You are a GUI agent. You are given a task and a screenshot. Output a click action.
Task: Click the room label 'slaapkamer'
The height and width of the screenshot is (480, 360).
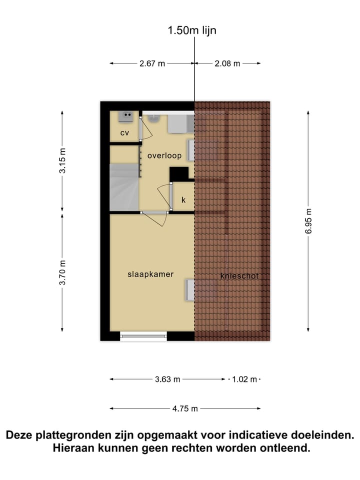click(x=150, y=274)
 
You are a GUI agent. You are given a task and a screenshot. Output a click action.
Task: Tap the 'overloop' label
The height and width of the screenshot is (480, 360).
click(x=164, y=155)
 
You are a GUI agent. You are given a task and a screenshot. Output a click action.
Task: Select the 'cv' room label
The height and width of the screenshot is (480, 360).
click(x=124, y=133)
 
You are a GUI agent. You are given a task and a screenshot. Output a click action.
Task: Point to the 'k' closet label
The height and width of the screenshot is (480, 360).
click(x=183, y=200)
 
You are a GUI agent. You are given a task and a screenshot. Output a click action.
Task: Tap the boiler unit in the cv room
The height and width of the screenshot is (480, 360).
click(x=125, y=117)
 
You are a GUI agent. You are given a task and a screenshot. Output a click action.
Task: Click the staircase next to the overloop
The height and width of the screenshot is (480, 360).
click(x=124, y=188)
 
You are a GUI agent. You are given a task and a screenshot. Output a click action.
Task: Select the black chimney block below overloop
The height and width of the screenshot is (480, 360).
click(x=178, y=174)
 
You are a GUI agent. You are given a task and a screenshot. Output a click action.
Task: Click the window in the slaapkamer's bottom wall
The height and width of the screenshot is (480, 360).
click(x=143, y=336)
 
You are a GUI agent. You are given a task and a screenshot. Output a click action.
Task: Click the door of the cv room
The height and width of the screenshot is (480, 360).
click(x=146, y=129)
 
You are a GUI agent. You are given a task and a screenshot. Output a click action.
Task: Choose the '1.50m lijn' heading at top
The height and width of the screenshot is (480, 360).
click(x=192, y=30)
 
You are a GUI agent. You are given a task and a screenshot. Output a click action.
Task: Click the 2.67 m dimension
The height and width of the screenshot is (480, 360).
click(x=152, y=63)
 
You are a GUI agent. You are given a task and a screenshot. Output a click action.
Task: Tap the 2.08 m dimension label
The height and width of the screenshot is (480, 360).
click(x=227, y=63)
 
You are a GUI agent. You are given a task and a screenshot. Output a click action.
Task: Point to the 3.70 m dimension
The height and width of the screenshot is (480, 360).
click(x=62, y=273)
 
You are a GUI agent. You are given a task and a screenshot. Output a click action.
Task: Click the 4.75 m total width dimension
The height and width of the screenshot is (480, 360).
click(x=185, y=408)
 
